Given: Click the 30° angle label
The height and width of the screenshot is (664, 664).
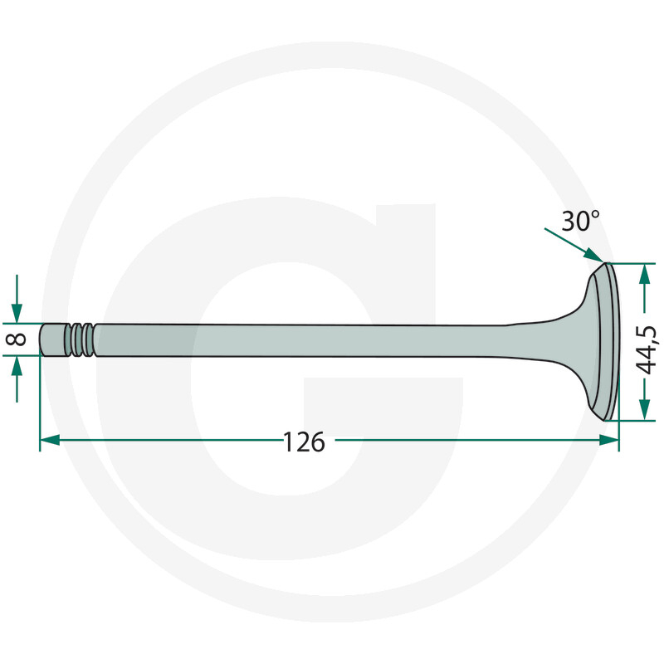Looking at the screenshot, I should pyautogui.click(x=580, y=222).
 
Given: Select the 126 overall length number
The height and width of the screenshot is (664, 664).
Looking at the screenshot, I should pyautogui.click(x=304, y=442).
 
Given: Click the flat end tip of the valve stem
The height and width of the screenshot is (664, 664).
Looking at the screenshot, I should pyautogui.click(x=42, y=339).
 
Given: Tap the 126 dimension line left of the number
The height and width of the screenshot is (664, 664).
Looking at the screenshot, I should pyautogui.click(x=166, y=440).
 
